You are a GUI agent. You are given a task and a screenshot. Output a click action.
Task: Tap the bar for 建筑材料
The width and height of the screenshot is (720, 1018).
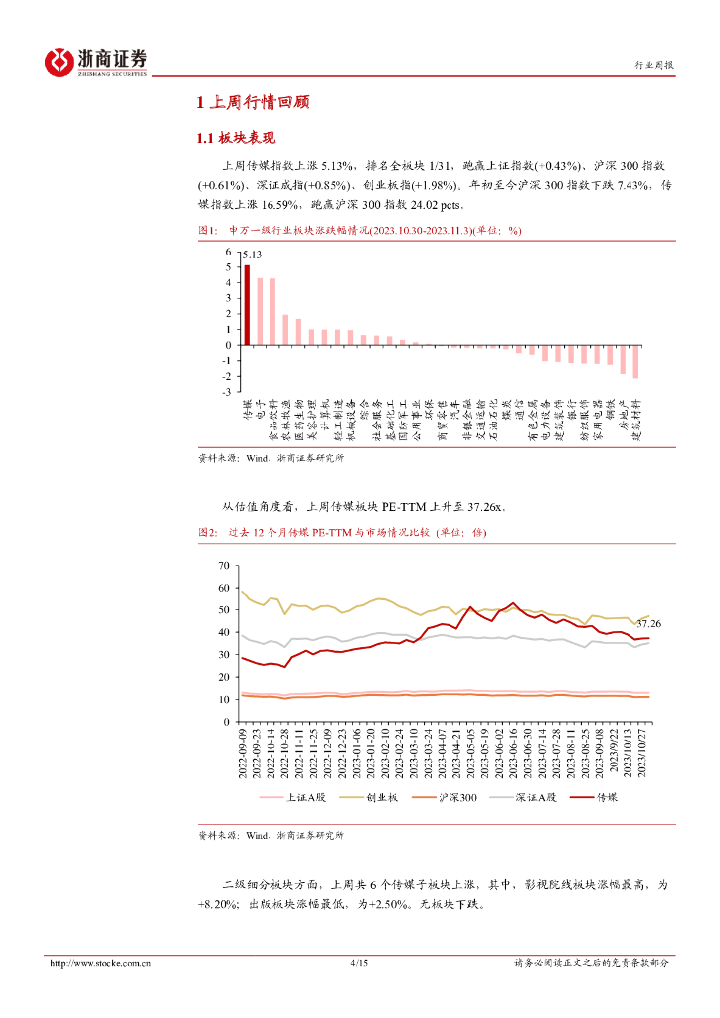click(635, 362)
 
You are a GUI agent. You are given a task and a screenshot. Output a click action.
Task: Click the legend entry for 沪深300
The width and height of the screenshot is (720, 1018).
click(452, 796)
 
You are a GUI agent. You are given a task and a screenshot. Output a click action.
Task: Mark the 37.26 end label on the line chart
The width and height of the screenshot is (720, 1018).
click(648, 623)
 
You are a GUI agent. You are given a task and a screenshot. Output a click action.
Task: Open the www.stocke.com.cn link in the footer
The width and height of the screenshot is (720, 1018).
click(99, 962)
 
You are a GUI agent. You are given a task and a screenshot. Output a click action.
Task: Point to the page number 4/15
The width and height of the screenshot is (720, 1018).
click(360, 962)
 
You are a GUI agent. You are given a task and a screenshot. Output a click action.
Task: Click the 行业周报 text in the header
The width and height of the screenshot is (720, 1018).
click(654, 65)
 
